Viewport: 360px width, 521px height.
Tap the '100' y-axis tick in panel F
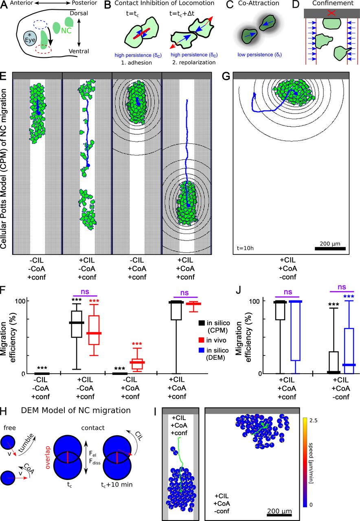point(20,301)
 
